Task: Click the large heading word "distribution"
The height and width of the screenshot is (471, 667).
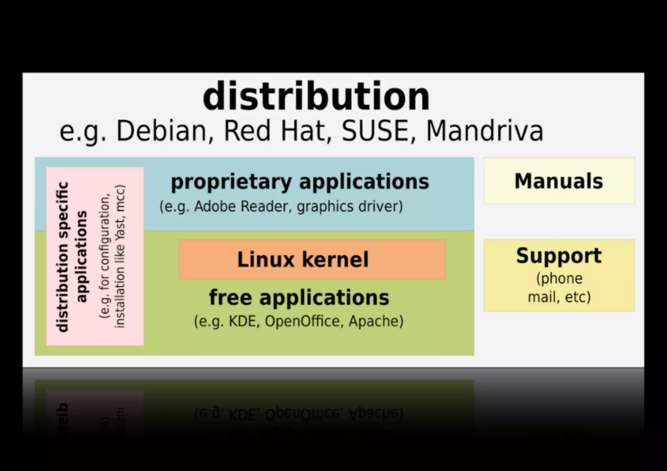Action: point(316,97)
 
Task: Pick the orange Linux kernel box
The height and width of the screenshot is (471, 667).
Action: point(312,259)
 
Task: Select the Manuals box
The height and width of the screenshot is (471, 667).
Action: point(559,181)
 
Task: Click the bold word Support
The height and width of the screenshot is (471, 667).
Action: point(559,256)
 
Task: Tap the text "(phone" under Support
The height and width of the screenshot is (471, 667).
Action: point(559,278)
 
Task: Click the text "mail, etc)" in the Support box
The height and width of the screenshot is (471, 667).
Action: point(559,297)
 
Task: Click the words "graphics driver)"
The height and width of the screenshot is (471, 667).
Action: point(350,206)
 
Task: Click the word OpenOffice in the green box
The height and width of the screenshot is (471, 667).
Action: point(303,321)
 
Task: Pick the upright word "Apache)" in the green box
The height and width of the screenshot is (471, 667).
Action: point(376,321)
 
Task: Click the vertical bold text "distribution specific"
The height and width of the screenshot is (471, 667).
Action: point(62,257)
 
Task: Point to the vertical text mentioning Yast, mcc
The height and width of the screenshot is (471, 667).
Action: point(120,256)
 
